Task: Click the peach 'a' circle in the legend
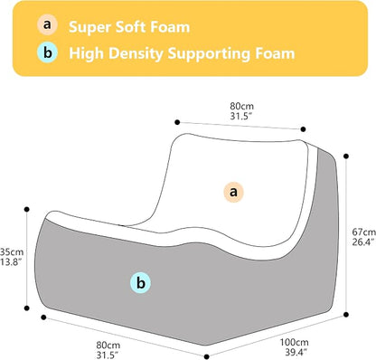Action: click(47, 24)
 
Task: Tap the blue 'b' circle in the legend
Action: click(47, 52)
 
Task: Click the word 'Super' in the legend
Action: click(89, 27)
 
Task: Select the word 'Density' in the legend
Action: click(136, 53)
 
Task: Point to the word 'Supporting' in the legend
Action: click(209, 54)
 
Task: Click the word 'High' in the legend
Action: click(87, 53)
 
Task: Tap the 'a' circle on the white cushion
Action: click(233, 192)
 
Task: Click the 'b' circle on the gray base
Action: click(140, 283)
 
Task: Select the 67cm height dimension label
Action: click(364, 232)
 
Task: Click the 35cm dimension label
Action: click(12, 251)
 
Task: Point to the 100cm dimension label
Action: click(295, 343)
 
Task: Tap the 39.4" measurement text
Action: click(296, 352)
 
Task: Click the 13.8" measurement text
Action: click(12, 261)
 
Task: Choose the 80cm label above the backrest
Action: click(242, 106)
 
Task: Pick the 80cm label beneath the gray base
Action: click(108, 346)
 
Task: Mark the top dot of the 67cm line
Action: click(346, 156)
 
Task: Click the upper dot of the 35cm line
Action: click(26, 209)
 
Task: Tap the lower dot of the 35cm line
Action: click(26, 308)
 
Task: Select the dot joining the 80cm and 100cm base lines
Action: click(206, 356)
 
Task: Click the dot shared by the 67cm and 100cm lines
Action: click(346, 315)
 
